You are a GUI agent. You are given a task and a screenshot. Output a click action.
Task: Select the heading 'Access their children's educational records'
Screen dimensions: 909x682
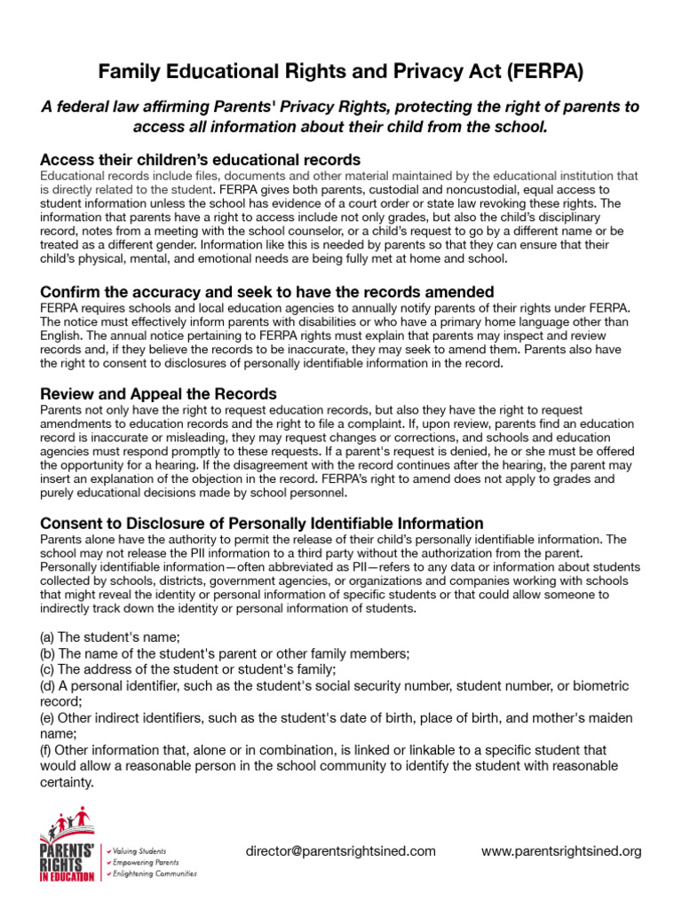(x=200, y=160)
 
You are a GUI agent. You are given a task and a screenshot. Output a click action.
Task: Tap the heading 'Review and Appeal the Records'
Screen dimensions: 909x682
(x=158, y=393)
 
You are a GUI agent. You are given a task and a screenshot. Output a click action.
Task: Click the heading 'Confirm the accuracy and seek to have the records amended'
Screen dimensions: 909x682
(x=266, y=292)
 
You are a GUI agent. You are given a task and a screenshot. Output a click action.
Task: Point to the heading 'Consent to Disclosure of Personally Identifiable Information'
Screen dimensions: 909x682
(x=262, y=523)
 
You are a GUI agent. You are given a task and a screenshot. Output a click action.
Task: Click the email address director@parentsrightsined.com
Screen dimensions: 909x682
(x=341, y=850)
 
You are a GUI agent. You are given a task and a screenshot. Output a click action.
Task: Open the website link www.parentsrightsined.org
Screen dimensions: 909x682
(x=561, y=850)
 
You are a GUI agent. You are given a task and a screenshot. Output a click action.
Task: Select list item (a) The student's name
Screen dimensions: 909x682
(x=110, y=636)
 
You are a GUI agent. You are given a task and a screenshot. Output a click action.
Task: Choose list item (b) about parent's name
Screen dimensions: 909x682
(x=225, y=652)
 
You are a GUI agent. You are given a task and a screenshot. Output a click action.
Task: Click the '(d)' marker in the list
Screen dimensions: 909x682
(x=48, y=686)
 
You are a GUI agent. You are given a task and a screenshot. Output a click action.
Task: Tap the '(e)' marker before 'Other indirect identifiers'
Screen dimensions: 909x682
(x=48, y=718)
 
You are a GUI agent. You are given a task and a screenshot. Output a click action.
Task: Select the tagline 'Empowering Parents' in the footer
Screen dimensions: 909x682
(x=146, y=862)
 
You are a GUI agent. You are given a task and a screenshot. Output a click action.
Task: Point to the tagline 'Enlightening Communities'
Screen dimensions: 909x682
(x=155, y=873)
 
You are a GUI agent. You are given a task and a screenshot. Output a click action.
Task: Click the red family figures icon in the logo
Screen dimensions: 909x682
(x=73, y=821)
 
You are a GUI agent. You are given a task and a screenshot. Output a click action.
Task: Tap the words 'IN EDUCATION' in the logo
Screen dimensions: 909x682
(x=67, y=876)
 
